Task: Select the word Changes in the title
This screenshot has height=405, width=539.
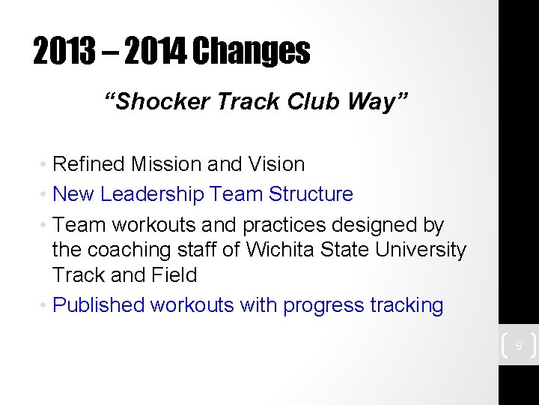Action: (x=251, y=51)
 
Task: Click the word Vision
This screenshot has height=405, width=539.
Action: (x=277, y=164)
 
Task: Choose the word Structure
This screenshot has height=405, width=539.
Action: (x=311, y=194)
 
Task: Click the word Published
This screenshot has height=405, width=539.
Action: (x=99, y=305)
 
